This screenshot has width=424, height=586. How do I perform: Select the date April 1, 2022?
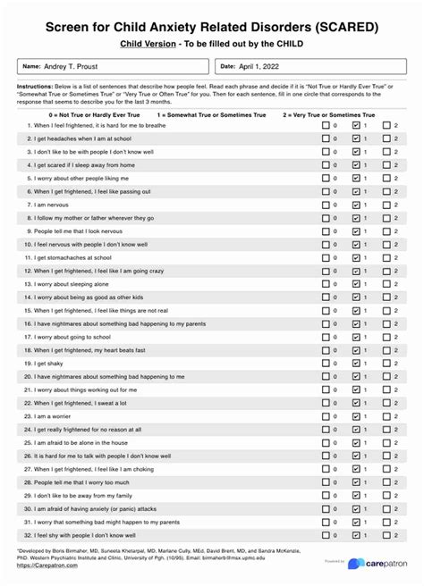pos(265,66)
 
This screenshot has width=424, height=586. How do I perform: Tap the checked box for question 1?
pos(357,126)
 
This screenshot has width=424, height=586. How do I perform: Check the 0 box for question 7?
pos(326,205)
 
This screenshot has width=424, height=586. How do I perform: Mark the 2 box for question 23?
pos(387,416)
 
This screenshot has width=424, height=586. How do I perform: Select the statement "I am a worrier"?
pos(54,416)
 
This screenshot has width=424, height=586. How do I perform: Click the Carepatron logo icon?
pos(356,564)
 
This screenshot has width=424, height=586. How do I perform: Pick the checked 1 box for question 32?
pos(357,535)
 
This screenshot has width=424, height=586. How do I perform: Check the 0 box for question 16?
pos(326,323)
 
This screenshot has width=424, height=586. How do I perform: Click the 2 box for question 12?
pos(387,271)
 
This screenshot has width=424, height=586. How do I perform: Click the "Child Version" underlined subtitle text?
pos(148,43)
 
